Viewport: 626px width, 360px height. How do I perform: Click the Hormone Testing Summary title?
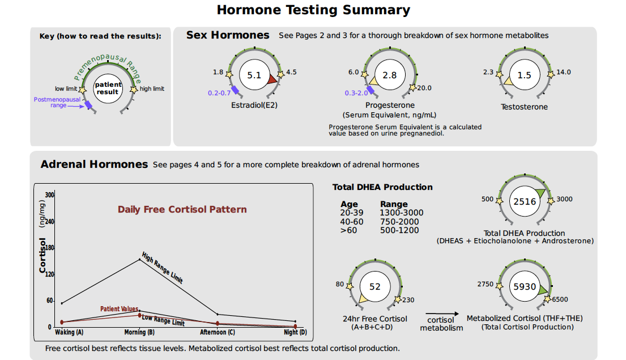tap(313, 10)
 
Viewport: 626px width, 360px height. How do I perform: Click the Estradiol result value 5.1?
tap(254, 75)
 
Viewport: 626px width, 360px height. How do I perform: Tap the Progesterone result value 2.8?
tap(390, 75)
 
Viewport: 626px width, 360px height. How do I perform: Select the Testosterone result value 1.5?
tap(525, 75)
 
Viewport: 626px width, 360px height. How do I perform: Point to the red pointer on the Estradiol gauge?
tap(272, 79)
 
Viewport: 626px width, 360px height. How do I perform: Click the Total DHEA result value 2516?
tap(525, 201)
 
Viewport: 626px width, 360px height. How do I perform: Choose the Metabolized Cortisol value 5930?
tap(525, 287)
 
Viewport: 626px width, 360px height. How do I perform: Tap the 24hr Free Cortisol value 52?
tap(375, 287)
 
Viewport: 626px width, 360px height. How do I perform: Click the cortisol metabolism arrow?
tap(441, 313)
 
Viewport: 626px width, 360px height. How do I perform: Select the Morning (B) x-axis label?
tap(139, 332)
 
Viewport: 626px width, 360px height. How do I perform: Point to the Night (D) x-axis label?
tap(295, 332)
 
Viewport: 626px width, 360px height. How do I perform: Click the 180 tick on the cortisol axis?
tap(50, 248)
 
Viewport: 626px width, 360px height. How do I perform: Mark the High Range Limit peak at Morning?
tap(139, 260)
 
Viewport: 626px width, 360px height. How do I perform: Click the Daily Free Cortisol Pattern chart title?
tap(182, 210)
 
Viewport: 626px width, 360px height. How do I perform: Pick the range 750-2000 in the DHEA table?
tap(400, 222)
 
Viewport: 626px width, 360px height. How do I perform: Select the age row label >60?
tap(348, 230)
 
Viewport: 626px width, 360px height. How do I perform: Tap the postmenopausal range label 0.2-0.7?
tap(219, 92)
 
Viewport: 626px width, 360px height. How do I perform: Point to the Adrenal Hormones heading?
tap(94, 164)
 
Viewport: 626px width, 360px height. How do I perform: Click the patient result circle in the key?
tap(108, 88)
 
